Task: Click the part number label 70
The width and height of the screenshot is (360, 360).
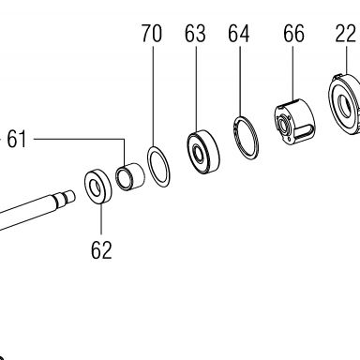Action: coord(152,34)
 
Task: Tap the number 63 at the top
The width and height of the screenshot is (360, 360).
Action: coord(195,34)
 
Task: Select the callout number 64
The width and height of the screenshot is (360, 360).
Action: coord(239,34)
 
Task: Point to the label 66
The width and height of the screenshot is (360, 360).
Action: coord(293,34)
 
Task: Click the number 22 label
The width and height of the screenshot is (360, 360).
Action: coord(346,34)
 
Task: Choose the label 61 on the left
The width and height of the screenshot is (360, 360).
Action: coord(17,139)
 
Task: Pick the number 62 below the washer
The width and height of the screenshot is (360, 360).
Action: coord(101,249)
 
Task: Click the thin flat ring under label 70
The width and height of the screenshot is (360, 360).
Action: coord(158,167)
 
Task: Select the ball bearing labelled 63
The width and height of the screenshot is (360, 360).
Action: coord(203,152)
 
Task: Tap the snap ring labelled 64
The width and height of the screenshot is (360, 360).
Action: coord(247,138)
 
